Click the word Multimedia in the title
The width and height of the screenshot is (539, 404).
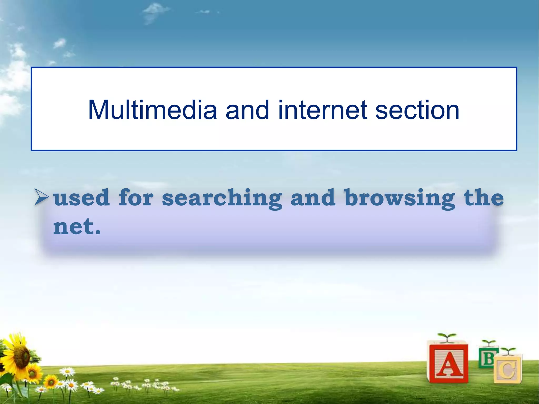click(152, 110)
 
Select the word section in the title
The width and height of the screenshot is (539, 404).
click(417, 110)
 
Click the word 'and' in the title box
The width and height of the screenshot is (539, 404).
click(247, 110)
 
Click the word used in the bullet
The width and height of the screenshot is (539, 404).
click(81, 198)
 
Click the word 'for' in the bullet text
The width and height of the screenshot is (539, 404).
click(136, 198)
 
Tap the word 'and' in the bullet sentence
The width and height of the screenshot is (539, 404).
click(313, 198)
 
